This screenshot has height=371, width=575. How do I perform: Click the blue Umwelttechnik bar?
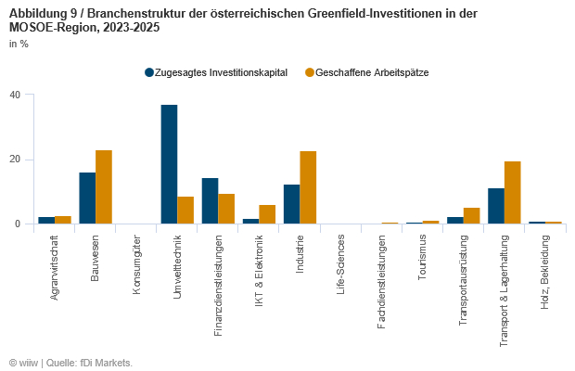tap(169, 164)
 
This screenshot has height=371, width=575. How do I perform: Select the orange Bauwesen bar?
tap(104, 186)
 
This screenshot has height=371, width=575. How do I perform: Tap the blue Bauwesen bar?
tap(87, 198)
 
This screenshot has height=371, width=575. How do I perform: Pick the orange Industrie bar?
tap(308, 187)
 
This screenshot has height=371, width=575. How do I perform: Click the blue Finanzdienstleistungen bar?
tap(210, 200)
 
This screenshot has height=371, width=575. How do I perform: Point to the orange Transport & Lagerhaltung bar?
tap(513, 192)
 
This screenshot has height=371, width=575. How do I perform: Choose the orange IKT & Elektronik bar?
tap(267, 214)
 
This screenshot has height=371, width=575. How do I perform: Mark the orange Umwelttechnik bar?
tap(185, 210)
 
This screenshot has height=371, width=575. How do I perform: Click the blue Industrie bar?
tap(291, 204)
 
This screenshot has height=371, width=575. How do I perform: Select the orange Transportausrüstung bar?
tap(472, 215)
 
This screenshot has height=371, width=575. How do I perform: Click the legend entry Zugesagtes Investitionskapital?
tap(215, 72)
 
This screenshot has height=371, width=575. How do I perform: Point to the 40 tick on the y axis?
tap(15, 95)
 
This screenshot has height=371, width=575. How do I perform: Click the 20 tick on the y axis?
tap(15, 160)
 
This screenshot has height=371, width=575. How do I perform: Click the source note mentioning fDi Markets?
tap(70, 362)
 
